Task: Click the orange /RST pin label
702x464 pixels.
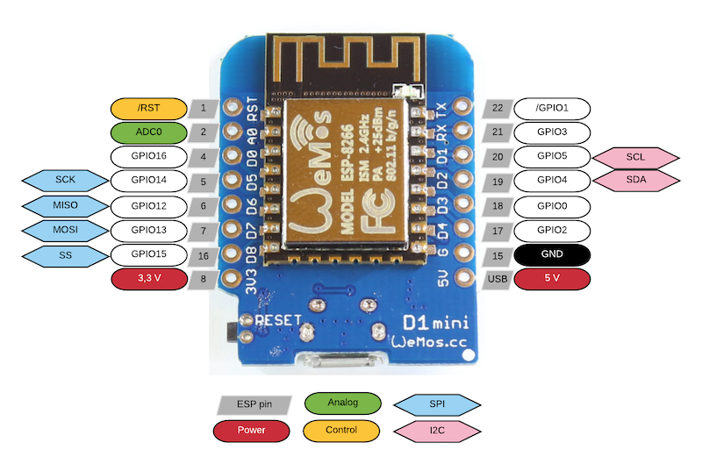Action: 148,109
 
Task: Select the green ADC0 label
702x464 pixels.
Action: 148,132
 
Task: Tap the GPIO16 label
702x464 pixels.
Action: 148,157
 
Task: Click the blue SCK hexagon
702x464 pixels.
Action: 64,181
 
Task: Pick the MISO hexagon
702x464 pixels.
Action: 64,206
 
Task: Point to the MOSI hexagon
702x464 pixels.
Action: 64,231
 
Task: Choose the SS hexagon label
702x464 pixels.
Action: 64,255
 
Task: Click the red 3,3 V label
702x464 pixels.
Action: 148,279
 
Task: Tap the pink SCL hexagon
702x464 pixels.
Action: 635,157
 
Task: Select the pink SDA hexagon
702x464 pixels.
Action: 635,181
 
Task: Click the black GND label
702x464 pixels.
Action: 552,255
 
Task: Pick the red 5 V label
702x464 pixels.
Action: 552,279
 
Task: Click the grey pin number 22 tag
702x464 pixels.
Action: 498,109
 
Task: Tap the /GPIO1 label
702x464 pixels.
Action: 552,109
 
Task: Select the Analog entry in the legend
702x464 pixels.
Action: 342,403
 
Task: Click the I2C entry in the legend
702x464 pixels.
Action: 436,430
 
